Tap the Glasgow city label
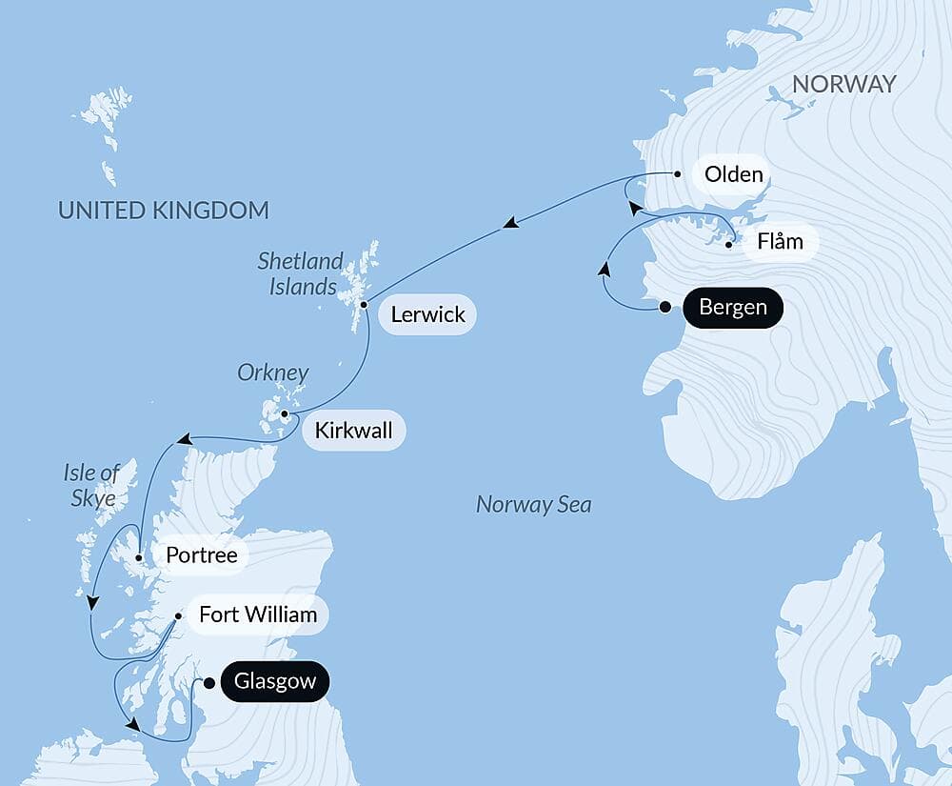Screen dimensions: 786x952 click(274, 682)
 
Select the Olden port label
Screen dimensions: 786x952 click(732, 174)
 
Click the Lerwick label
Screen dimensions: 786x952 click(426, 314)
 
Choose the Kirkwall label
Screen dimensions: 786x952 click(352, 431)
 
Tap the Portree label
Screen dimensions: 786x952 click(201, 554)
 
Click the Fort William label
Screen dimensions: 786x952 click(257, 615)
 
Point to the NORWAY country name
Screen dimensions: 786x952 click(843, 84)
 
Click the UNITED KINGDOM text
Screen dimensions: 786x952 click(164, 210)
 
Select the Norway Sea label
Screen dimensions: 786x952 click(533, 505)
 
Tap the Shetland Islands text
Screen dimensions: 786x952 click(300, 272)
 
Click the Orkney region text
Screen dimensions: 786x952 click(272, 373)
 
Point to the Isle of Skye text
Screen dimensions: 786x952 click(91, 483)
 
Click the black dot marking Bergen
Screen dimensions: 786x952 click(665, 307)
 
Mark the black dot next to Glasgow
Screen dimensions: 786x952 click(209, 682)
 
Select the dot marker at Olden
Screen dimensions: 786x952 click(676, 174)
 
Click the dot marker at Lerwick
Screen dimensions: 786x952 click(365, 305)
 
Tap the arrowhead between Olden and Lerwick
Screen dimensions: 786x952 click(511, 224)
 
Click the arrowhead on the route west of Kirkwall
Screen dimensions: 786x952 click(185, 440)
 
